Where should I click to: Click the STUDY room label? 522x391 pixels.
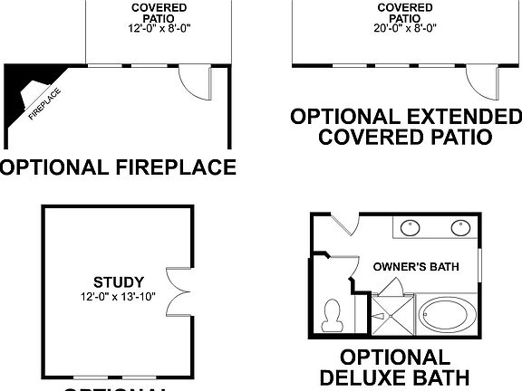click(x=119, y=281)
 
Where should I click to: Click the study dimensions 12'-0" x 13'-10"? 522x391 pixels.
click(x=119, y=295)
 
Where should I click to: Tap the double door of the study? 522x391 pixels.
click(x=178, y=289)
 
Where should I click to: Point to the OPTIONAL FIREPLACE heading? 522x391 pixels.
click(x=118, y=167)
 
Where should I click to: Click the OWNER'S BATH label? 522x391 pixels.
click(x=416, y=266)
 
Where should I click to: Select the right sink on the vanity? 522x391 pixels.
click(x=459, y=226)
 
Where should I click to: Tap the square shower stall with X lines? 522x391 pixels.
click(x=390, y=312)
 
